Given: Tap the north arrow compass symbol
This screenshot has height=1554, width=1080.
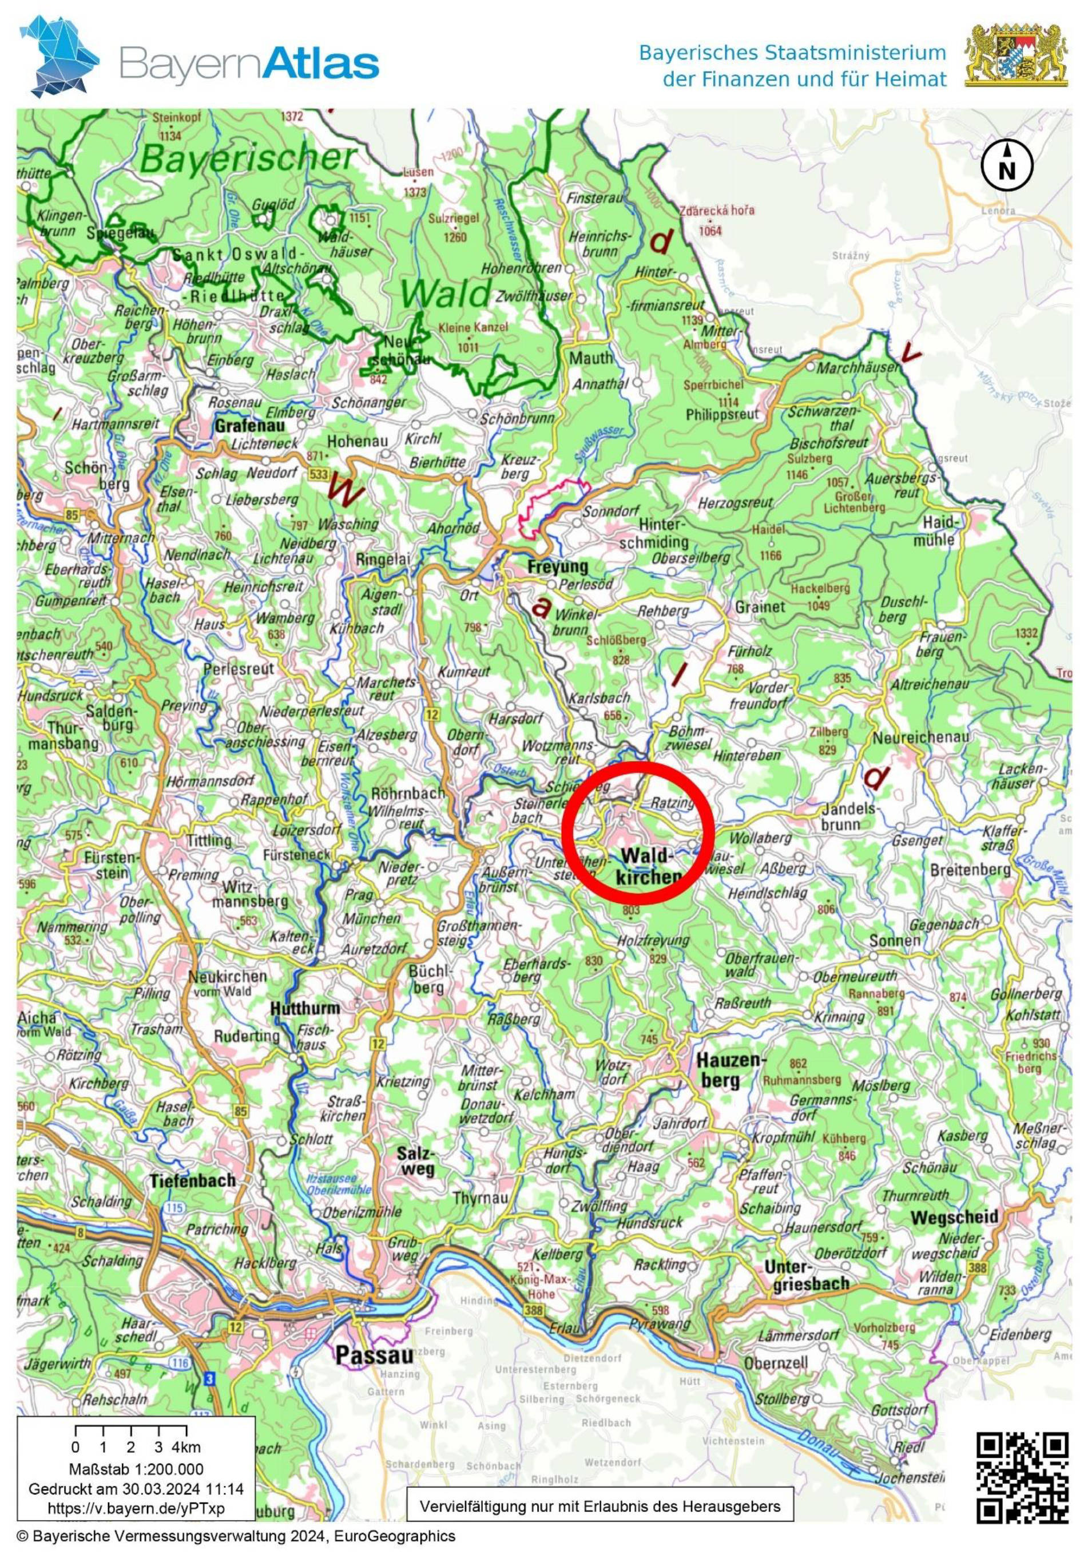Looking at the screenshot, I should (x=1007, y=166).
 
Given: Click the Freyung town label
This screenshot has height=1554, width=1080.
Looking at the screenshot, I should (x=558, y=565).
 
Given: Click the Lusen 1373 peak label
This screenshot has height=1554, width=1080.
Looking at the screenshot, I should (x=415, y=183).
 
